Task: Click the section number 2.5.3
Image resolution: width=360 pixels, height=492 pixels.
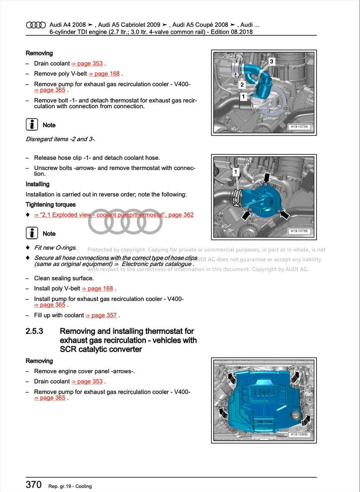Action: click(34, 331)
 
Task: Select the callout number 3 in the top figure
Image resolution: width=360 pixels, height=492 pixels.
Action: click(271, 61)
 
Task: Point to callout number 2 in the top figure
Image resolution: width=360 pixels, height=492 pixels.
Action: click(242, 85)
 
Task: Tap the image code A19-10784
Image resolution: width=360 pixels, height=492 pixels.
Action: click(300, 127)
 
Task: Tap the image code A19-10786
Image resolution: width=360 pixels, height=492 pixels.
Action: click(300, 232)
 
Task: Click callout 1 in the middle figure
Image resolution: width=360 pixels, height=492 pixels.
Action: click(235, 172)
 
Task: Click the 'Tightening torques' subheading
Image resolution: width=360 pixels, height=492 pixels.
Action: click(50, 205)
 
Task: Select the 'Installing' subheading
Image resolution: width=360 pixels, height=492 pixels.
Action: click(38, 184)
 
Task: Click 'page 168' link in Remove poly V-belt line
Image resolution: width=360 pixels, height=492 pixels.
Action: click(104, 74)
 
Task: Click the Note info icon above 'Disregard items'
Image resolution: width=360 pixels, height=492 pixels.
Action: click(32, 125)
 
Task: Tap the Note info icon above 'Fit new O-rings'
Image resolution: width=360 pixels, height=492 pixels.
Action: click(32, 233)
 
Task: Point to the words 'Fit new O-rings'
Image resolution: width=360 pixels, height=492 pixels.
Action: click(55, 248)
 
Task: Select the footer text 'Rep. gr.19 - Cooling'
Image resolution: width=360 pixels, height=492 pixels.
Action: click(70, 486)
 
